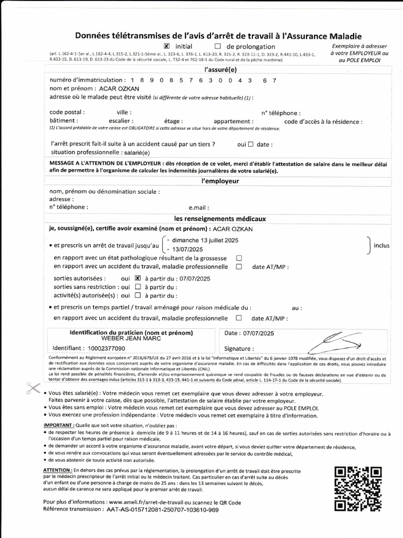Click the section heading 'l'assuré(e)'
[220, 69]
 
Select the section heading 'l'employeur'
[220, 181]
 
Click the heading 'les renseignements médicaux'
[220, 218]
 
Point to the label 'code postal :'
[67, 112]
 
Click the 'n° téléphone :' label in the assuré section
[281, 112]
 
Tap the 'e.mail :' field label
[199, 207]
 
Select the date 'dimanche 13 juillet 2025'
[202, 240]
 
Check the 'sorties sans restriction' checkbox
[137, 287]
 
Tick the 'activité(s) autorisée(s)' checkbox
[137, 295]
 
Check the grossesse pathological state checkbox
[239, 258]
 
